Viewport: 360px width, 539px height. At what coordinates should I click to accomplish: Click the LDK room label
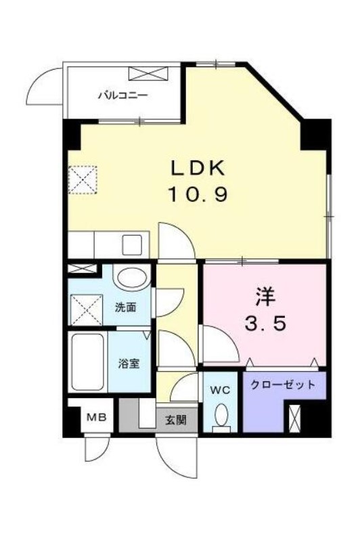tap(198, 169)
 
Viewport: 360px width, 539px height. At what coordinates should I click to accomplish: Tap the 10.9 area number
tap(198, 194)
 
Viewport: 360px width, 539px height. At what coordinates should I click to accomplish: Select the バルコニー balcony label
tap(123, 95)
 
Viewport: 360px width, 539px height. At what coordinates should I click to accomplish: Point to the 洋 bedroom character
tap(265, 298)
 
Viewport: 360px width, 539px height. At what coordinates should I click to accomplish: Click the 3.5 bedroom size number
tap(265, 324)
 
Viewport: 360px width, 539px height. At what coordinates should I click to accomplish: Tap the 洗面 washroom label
tap(125, 307)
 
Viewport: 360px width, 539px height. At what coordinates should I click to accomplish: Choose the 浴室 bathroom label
tap(129, 364)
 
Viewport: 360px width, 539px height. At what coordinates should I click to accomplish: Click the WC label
tap(220, 390)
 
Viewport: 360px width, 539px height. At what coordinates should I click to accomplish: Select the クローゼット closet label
tap(283, 385)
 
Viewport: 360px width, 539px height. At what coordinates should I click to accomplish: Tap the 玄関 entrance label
tap(176, 420)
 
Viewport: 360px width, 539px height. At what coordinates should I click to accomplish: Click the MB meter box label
tap(97, 418)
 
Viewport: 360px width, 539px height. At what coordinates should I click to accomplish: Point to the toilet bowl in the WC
tap(221, 416)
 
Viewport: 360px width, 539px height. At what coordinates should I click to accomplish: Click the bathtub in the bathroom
tap(87, 362)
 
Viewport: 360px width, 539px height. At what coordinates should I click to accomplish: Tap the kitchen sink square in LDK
tap(133, 244)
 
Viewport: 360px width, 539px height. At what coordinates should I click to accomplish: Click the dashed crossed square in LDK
tap(83, 180)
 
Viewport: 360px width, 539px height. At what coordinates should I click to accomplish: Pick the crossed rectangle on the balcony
tap(148, 74)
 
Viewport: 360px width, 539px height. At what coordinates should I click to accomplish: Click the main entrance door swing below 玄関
tap(177, 456)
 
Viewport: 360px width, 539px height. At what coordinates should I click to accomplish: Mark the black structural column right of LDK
tap(315, 135)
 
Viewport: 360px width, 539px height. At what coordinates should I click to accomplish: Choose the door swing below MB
tap(97, 448)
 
